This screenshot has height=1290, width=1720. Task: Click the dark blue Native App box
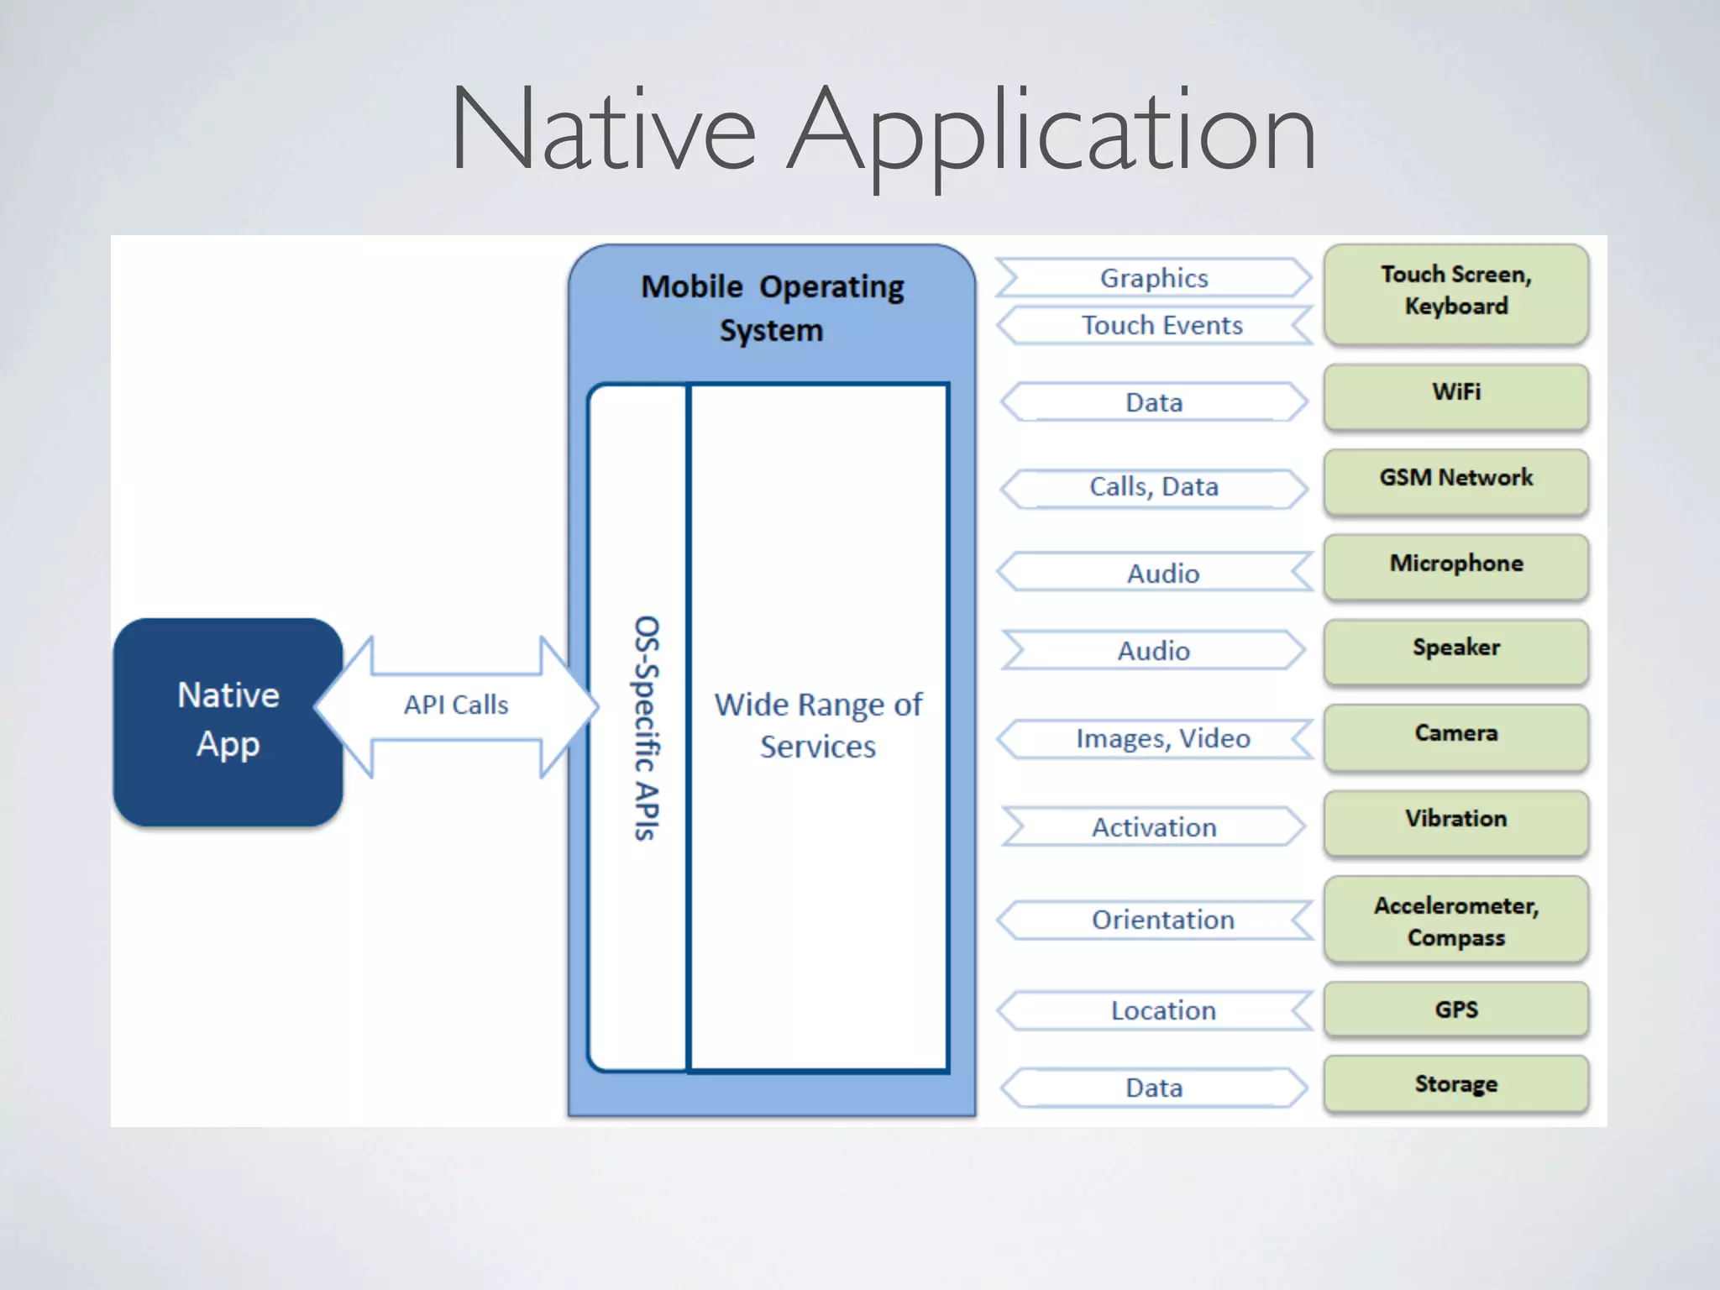pyautogui.click(x=228, y=721)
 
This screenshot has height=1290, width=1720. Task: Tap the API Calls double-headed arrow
pyautogui.click(x=456, y=705)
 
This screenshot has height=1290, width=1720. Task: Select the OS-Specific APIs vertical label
pyautogui.click(x=646, y=727)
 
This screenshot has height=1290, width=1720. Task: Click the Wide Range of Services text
pyautogui.click(x=818, y=725)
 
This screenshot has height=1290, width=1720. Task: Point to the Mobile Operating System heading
pyautogui.click(x=772, y=307)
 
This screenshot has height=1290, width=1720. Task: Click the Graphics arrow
pyautogui.click(x=1154, y=278)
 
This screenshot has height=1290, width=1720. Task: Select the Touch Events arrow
pyautogui.click(x=1162, y=325)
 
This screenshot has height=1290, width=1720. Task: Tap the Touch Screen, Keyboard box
pyautogui.click(x=1455, y=291)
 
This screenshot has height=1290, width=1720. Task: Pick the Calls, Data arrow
pyautogui.click(x=1154, y=487)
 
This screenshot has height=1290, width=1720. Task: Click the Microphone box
pyautogui.click(x=1455, y=565)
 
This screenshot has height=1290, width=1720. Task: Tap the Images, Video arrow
pyautogui.click(x=1162, y=738)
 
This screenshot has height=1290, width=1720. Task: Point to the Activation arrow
pyautogui.click(x=1154, y=827)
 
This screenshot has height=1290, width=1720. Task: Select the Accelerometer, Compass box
pyautogui.click(x=1455, y=920)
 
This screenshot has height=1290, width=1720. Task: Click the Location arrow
pyautogui.click(x=1162, y=1010)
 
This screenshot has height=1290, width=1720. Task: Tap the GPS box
pyautogui.click(x=1455, y=1009)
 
